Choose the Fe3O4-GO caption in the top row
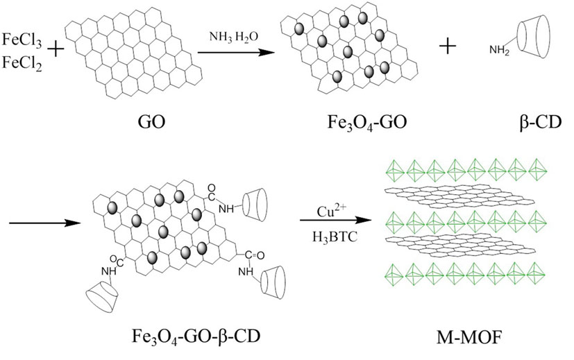tap(350, 126)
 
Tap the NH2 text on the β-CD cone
tap(498, 51)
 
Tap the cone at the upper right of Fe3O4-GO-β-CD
tap(260, 202)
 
